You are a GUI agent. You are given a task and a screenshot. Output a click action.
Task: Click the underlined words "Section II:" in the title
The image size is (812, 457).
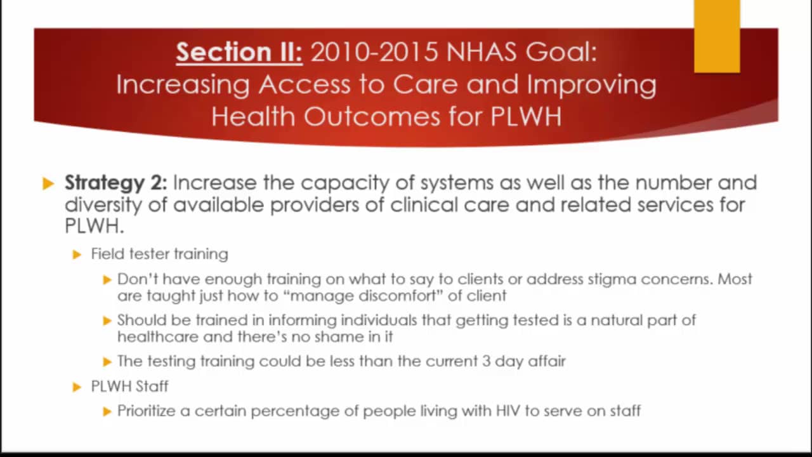(x=239, y=52)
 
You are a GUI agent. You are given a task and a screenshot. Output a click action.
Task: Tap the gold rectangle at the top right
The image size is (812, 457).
(x=717, y=36)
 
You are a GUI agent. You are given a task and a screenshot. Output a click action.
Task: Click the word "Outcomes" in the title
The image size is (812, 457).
(x=372, y=116)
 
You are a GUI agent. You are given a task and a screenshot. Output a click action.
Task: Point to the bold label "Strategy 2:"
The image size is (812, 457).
(x=116, y=183)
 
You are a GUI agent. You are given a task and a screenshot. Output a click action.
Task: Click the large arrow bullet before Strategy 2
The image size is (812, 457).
(x=48, y=183)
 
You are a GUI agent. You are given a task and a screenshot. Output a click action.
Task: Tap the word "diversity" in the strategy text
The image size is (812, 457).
(x=103, y=205)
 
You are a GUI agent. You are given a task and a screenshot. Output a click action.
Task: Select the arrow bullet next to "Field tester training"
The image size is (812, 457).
(x=77, y=255)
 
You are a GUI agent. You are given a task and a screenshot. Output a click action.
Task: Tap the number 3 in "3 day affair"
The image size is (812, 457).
(x=486, y=361)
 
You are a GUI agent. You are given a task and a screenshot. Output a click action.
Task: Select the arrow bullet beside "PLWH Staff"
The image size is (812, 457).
(x=77, y=387)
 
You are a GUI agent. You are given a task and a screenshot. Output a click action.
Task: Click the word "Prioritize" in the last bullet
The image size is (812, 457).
(x=146, y=411)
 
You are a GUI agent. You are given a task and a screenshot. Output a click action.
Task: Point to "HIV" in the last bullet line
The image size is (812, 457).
(x=508, y=411)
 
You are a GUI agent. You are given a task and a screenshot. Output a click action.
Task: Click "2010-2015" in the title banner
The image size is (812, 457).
(x=375, y=52)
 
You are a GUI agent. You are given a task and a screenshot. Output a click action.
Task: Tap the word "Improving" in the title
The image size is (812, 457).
(x=592, y=85)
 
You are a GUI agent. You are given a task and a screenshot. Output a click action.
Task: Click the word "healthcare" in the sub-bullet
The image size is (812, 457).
(x=157, y=336)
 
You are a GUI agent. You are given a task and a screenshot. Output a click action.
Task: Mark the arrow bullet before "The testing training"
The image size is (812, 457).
(x=107, y=362)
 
